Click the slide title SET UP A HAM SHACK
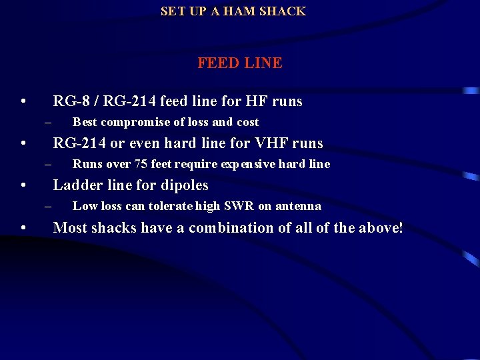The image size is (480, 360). click(233, 11)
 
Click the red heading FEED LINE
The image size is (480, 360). click(239, 63)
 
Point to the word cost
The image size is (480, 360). click(246, 123)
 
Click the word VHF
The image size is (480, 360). click(270, 143)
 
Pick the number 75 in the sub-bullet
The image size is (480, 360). click(141, 165)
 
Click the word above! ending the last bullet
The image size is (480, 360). click(381, 228)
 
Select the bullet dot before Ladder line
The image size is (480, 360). click(23, 185)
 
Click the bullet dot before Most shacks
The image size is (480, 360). click(23, 228)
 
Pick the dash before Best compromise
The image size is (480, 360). click(48, 123)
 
